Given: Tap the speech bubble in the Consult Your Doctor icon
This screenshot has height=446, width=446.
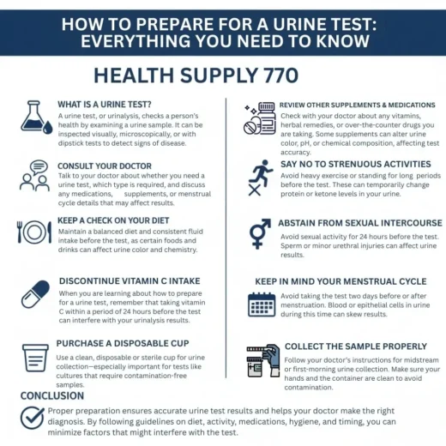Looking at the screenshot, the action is click(x=39, y=167).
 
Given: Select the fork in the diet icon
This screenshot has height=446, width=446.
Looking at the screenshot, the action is click(x=20, y=232).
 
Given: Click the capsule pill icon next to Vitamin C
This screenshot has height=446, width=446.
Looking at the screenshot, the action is click(x=35, y=294).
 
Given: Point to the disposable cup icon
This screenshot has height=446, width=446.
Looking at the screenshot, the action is click(x=35, y=358).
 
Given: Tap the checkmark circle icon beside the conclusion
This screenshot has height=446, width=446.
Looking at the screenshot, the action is click(x=33, y=418).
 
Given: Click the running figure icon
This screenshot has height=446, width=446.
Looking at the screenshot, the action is click(x=261, y=173).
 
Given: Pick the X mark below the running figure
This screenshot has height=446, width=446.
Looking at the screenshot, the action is click(x=255, y=190).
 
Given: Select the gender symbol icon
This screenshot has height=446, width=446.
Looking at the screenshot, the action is click(x=260, y=233).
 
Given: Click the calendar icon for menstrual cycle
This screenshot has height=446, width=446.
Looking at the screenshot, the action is click(x=262, y=304).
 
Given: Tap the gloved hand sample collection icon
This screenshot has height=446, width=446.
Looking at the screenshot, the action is click(x=263, y=360).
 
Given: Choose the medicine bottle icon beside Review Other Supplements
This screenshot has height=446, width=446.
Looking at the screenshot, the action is click(x=260, y=118).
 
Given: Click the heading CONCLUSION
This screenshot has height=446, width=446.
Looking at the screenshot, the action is click(x=52, y=395).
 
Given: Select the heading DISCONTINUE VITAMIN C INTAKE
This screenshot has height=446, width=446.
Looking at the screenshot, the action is click(x=130, y=281).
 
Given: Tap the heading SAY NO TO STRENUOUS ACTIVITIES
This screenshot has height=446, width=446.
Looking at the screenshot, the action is click(x=356, y=164).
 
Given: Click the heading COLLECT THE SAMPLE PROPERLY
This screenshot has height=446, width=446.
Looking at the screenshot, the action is click(x=356, y=347).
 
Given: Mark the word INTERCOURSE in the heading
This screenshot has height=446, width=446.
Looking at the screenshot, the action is click(x=400, y=223).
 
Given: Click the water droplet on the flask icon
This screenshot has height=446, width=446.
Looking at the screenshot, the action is click(x=47, y=127).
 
